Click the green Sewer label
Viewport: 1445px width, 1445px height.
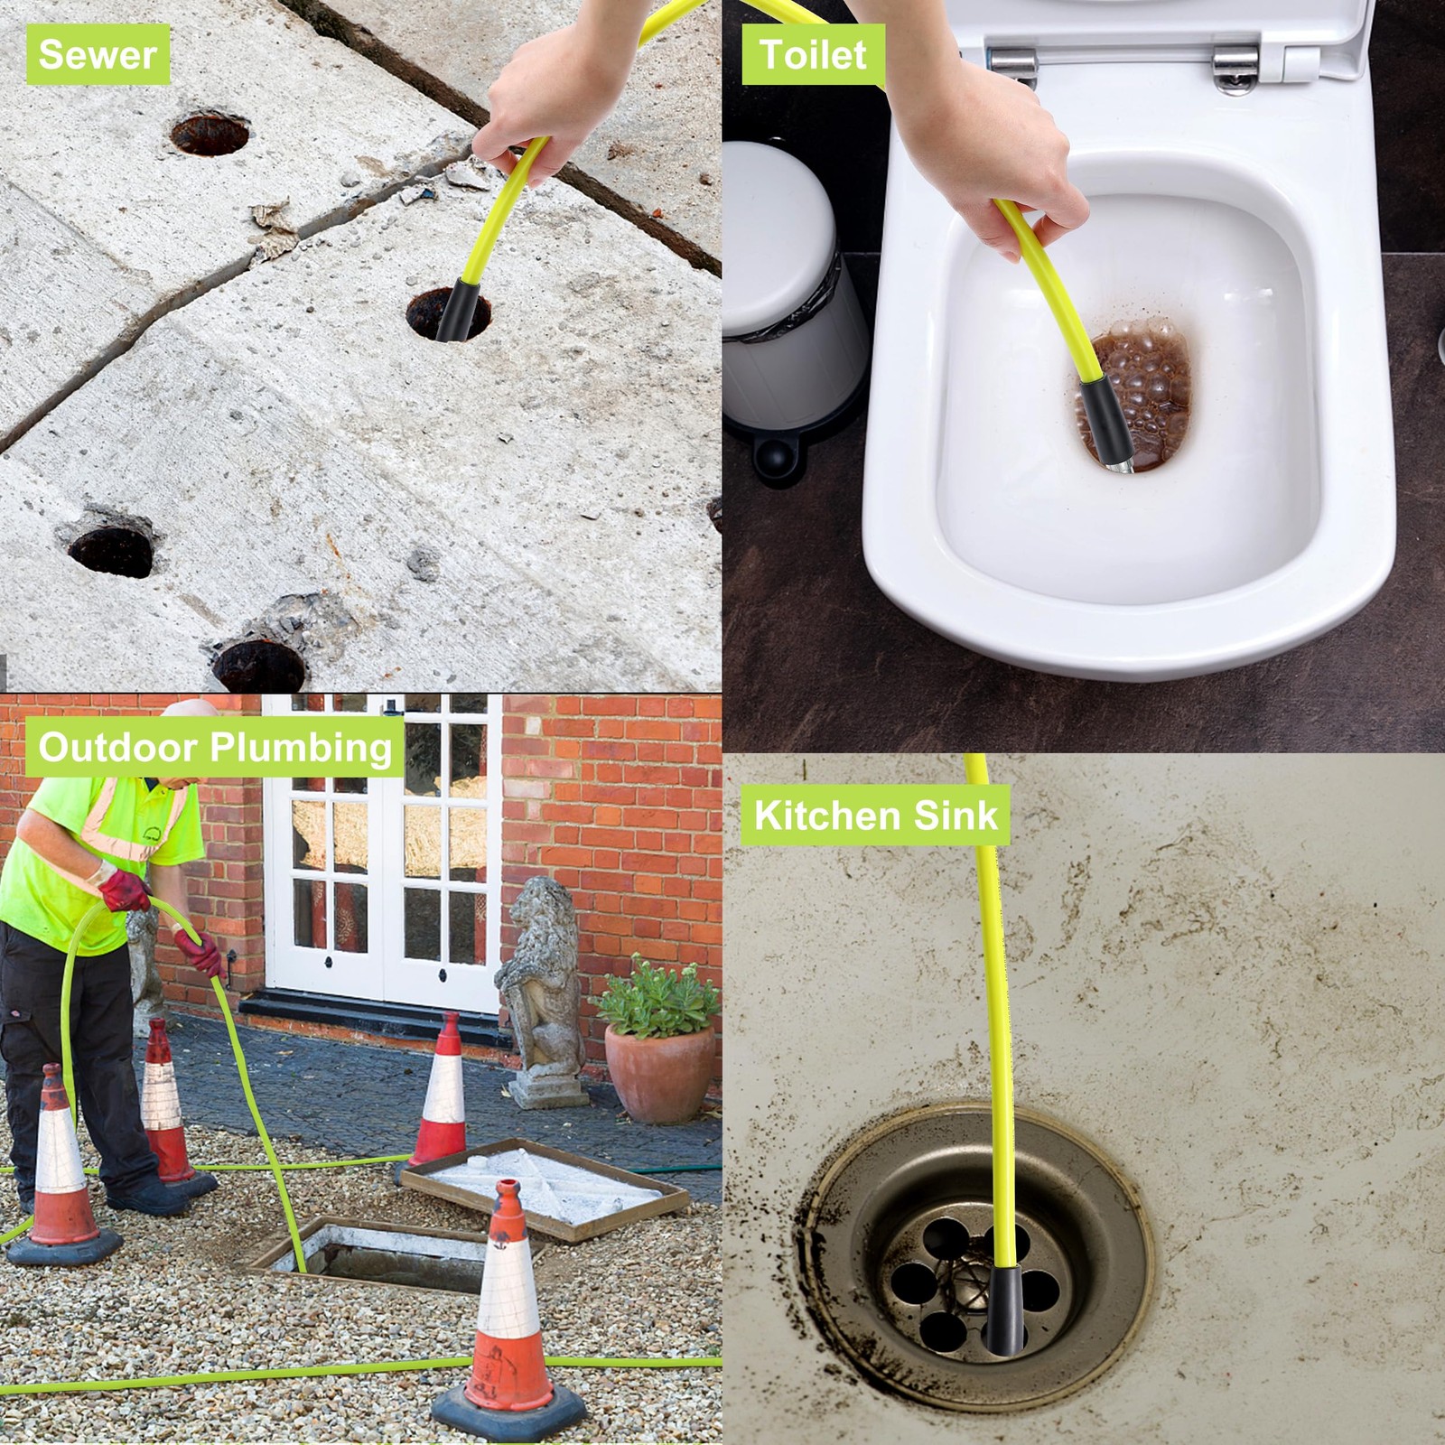(x=98, y=55)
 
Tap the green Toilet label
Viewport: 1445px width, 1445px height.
(x=813, y=54)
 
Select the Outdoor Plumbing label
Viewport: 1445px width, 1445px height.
(x=215, y=747)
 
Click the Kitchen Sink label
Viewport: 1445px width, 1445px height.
(x=875, y=815)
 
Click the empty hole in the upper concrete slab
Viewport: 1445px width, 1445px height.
(x=210, y=134)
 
